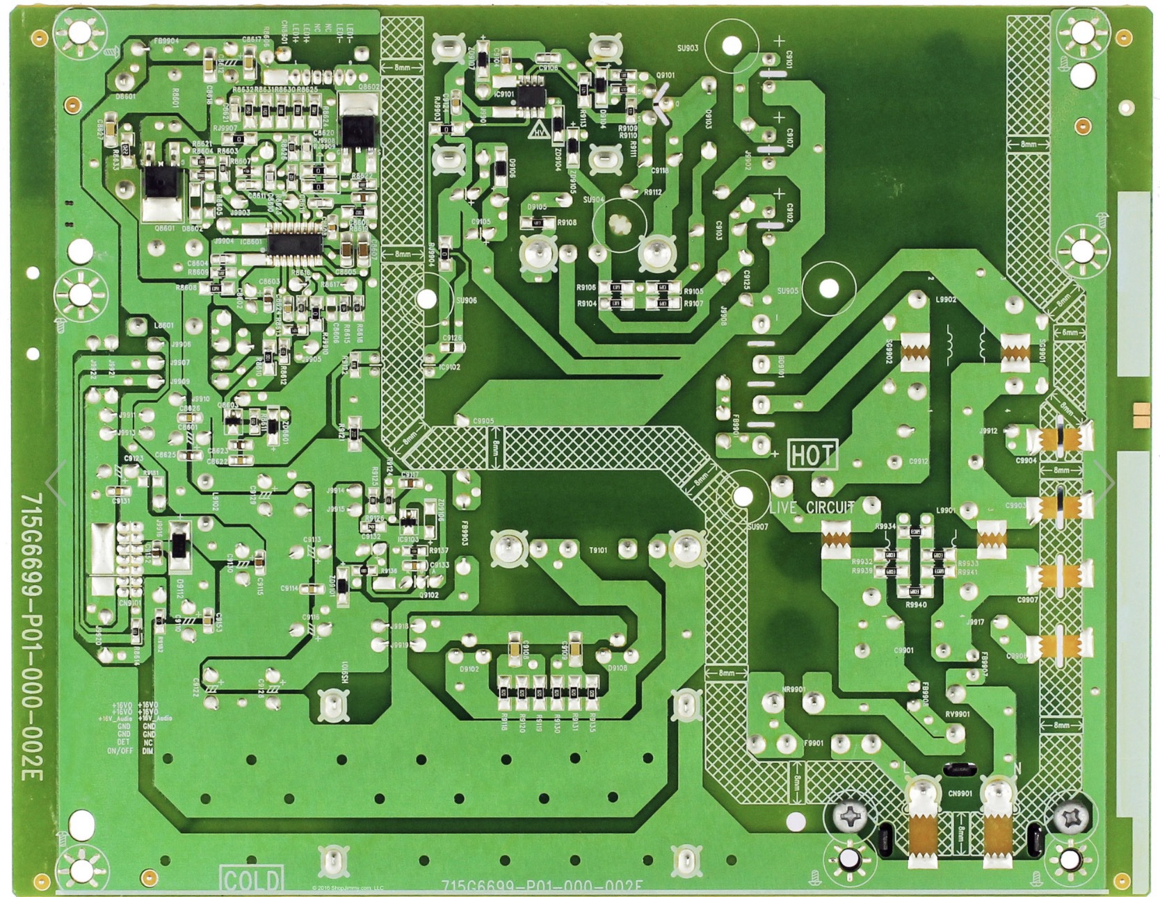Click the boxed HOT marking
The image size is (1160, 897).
812,455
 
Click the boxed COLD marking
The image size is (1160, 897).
251,879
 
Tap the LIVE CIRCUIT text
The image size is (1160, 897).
812,507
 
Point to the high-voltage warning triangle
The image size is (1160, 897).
539,129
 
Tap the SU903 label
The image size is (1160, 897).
687,48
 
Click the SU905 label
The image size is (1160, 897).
787,291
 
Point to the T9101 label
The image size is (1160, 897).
598,550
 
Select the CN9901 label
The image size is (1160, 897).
959,793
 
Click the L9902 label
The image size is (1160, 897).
946,300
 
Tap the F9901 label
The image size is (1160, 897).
813,743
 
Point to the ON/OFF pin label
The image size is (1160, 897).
120,751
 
